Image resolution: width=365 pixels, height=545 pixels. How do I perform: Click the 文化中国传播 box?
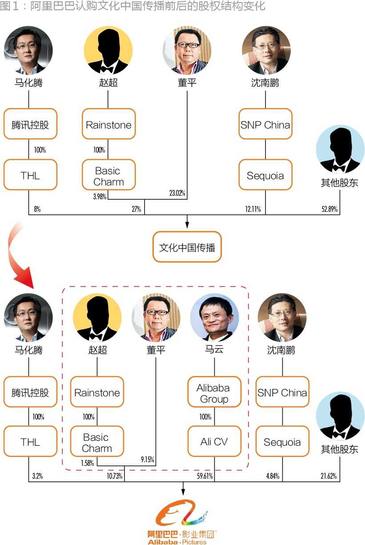[187, 247]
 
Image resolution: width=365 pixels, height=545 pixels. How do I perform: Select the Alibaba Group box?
[214, 393]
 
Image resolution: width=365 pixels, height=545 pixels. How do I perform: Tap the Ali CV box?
[214, 442]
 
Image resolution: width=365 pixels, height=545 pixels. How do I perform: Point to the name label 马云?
[214, 350]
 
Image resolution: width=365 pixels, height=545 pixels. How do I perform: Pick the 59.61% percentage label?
[205, 476]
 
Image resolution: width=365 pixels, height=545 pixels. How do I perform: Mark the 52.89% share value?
[329, 209]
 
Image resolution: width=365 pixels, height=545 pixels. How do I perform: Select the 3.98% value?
[100, 197]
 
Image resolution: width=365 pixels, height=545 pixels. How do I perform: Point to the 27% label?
[136, 209]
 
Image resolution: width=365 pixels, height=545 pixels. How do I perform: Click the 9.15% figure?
[147, 460]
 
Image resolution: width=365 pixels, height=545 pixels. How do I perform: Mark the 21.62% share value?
[329, 476]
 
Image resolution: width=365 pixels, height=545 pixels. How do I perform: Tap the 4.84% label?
[273, 476]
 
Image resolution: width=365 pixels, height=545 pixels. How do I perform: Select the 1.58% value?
[88, 463]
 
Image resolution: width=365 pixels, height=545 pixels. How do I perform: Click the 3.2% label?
[37, 476]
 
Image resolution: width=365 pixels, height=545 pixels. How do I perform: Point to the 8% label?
[37, 209]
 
